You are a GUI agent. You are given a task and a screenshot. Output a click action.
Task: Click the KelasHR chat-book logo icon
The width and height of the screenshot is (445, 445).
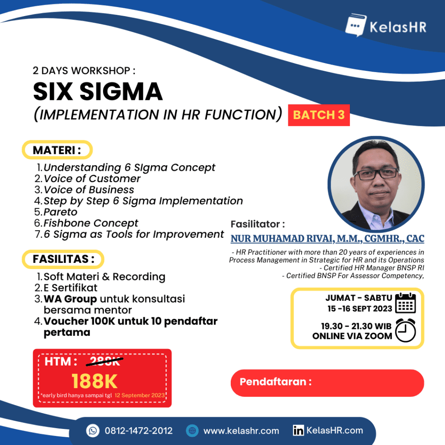(x=355, y=25)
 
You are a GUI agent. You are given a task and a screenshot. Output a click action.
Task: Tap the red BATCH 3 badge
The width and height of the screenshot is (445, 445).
(x=319, y=115)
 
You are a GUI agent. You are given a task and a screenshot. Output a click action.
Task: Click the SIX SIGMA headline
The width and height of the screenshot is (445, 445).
(x=98, y=91)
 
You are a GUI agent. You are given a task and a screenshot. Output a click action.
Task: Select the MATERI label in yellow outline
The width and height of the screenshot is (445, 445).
(x=57, y=150)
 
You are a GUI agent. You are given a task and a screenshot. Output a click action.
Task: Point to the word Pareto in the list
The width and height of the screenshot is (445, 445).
(x=60, y=212)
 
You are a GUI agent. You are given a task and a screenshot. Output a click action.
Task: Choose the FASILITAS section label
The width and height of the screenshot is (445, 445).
(x=63, y=259)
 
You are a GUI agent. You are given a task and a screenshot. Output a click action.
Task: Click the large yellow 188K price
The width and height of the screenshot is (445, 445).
(x=94, y=381)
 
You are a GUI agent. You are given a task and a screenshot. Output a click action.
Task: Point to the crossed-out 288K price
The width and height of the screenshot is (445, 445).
(x=105, y=361)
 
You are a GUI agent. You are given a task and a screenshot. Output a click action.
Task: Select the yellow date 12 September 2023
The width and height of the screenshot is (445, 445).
(x=139, y=395)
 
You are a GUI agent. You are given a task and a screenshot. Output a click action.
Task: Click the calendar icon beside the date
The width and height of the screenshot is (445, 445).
(x=405, y=303)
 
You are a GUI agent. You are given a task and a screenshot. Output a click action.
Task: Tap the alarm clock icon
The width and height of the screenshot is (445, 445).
(x=405, y=330)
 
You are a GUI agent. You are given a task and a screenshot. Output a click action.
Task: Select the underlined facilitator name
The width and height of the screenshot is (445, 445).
(x=328, y=239)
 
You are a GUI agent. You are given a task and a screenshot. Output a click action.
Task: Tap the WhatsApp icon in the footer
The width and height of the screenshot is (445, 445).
(x=93, y=431)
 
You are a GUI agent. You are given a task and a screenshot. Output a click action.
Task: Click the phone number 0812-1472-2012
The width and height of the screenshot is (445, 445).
(x=139, y=431)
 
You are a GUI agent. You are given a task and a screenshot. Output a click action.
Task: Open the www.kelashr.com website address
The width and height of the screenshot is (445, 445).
(x=241, y=431)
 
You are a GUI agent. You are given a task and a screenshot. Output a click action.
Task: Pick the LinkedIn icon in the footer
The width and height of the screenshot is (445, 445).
(x=298, y=431)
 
